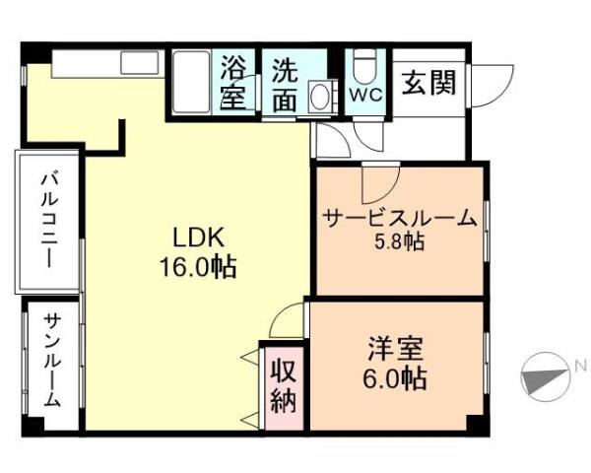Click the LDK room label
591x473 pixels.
pos(200,236)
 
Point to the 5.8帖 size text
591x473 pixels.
pos(399,241)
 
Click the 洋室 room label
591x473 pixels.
pos(397,349)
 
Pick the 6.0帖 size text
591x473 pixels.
pos(397,377)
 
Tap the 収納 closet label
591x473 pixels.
pos(286,386)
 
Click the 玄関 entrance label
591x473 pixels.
pos(428,83)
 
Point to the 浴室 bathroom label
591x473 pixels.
pos(233,83)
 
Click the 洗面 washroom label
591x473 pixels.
pos(285,85)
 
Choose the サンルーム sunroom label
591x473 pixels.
pos(52,361)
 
